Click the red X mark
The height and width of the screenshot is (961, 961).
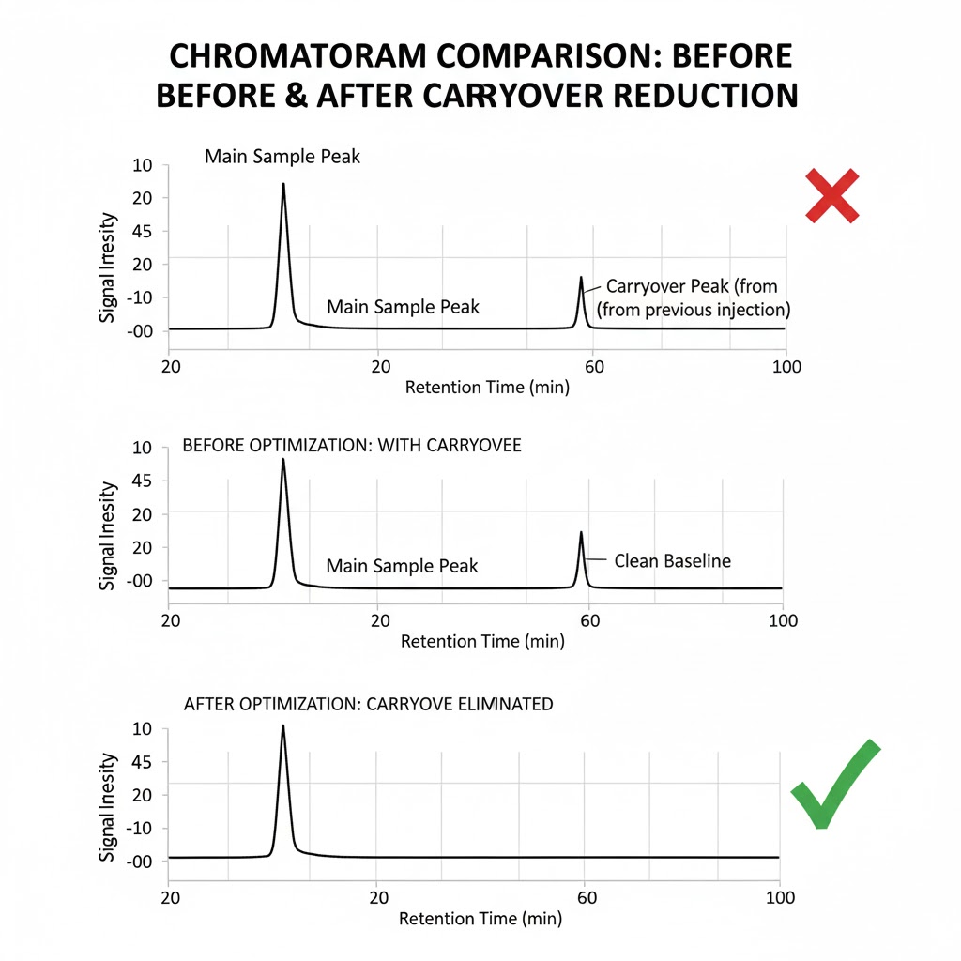tap(832, 196)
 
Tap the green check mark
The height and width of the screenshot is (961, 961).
tap(834, 786)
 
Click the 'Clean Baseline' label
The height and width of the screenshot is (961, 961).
tap(672, 561)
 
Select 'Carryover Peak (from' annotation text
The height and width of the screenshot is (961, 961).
tap(692, 286)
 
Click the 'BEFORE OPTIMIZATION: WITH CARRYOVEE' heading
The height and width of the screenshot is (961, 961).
tap(351, 445)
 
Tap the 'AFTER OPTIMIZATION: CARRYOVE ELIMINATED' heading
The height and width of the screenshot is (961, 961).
tap(368, 703)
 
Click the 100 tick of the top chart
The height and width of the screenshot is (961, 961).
tap(785, 367)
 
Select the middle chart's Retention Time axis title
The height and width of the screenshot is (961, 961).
tap(482, 642)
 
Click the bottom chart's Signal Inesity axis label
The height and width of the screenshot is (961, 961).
tap(108, 807)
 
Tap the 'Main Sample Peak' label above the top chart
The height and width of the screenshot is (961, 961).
tap(282, 157)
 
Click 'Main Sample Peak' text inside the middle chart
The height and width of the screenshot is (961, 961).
tap(402, 566)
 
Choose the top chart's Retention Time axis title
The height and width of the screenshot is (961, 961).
tap(487, 388)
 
